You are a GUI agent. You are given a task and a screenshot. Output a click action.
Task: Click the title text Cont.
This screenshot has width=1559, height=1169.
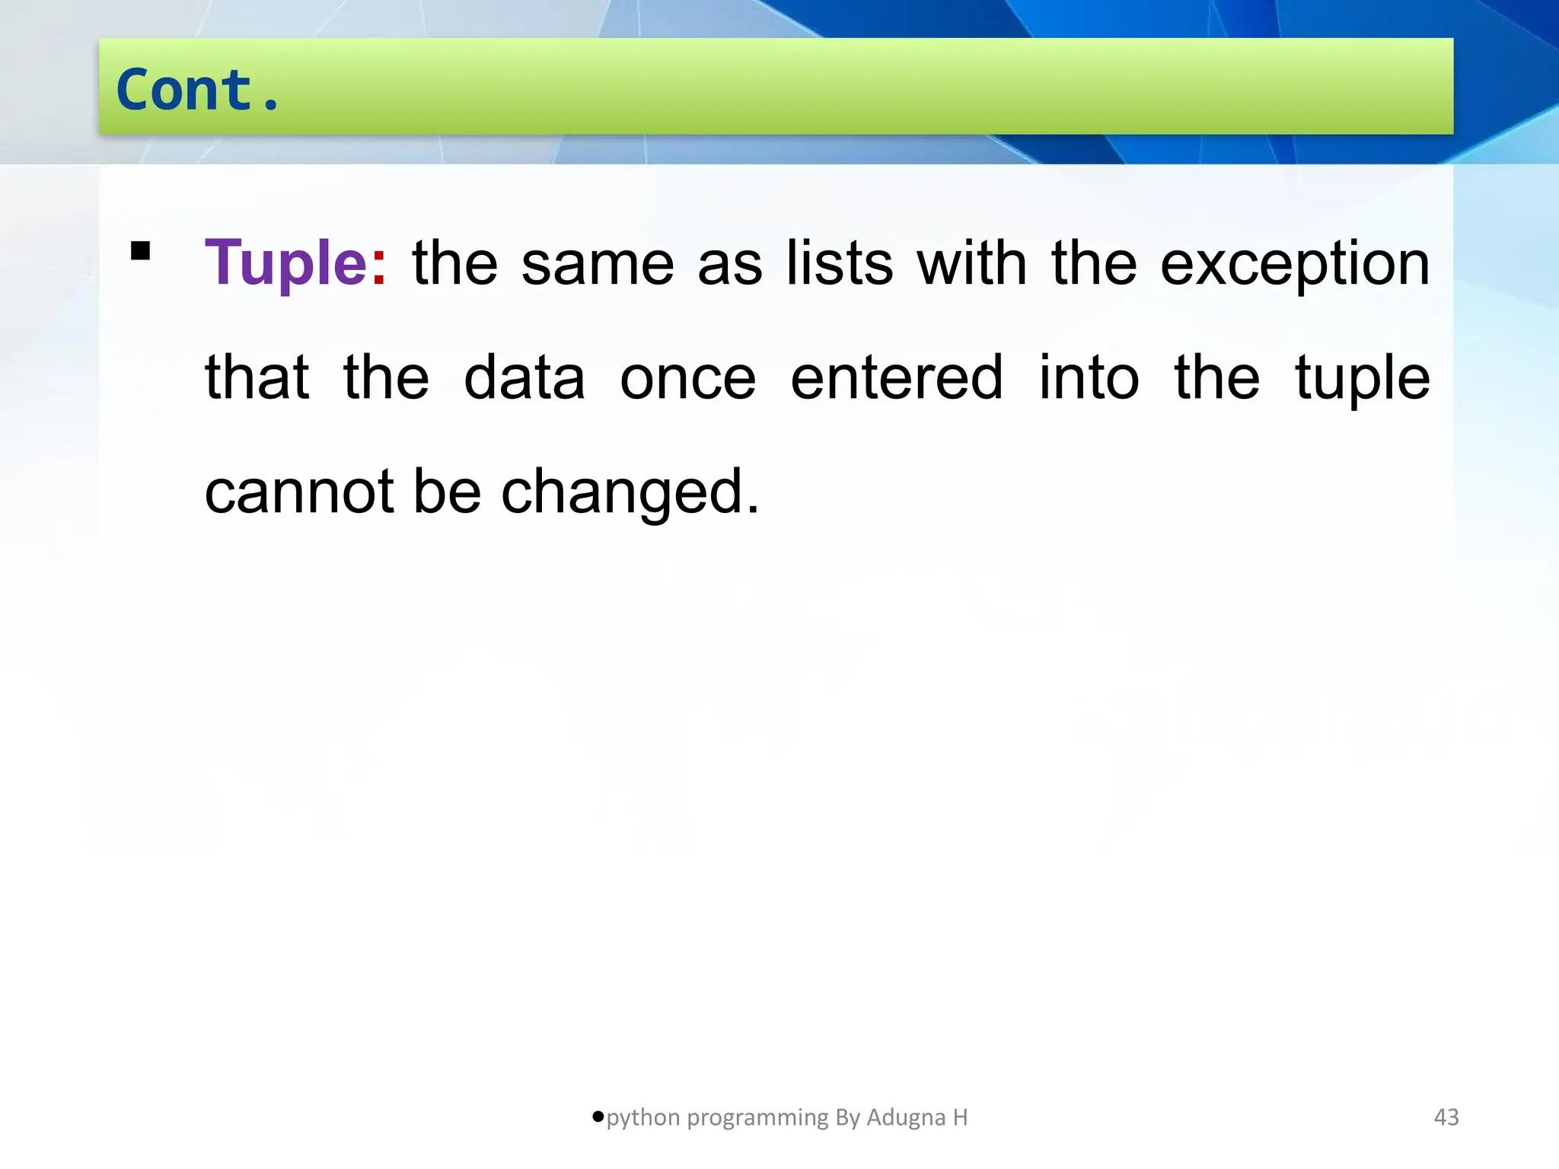198,90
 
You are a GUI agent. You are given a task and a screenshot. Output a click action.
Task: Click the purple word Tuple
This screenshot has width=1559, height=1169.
286,263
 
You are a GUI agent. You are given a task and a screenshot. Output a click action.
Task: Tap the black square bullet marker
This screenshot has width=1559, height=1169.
141,250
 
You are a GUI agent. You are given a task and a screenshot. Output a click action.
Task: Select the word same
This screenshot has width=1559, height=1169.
598,264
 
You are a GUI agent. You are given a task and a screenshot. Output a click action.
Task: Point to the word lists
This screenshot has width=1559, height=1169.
839,263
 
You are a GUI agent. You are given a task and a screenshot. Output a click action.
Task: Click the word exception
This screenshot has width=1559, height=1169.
1294,264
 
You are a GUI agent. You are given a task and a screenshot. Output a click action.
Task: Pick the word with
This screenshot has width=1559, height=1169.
971,263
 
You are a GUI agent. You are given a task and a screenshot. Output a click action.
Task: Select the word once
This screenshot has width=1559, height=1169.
687,378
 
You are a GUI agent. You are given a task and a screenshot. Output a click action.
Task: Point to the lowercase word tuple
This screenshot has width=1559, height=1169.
1362,378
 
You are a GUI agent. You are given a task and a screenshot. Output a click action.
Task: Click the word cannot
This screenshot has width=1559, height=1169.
299,492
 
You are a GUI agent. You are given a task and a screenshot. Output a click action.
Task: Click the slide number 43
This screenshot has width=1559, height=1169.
1446,1117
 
